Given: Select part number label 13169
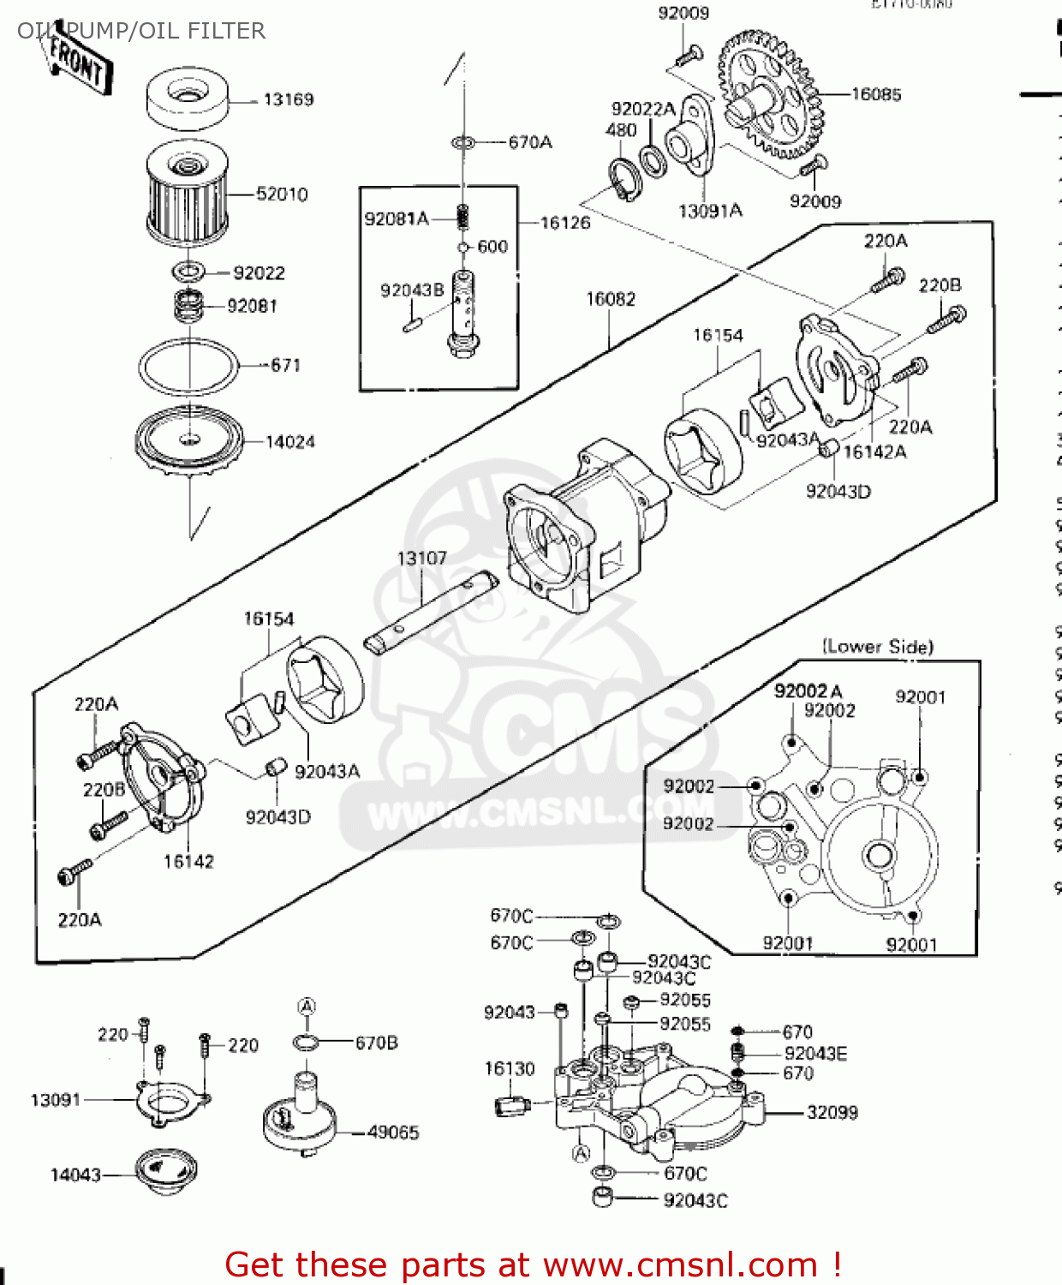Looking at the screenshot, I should pos(288,99).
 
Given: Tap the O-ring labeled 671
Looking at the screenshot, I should pos(188,367).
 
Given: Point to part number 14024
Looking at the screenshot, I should pos(289,442).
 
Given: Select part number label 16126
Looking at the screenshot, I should pos(565,223).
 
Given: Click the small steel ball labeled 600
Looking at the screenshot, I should pos(463,248).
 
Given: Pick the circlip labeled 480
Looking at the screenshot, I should pos(626,180).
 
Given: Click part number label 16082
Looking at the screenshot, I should pos(610,299).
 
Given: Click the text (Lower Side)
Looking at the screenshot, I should pos(878,647).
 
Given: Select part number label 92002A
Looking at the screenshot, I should pos(808,690).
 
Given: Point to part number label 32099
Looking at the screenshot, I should pos(832,1112).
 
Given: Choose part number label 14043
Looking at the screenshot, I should pos(75,1175).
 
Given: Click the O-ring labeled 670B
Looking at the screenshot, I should pos(307,1043).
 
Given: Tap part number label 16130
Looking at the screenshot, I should pos(509,1068).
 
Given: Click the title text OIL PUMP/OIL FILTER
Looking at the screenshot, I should pos(141,31).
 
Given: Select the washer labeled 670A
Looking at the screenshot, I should pos(463,141).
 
